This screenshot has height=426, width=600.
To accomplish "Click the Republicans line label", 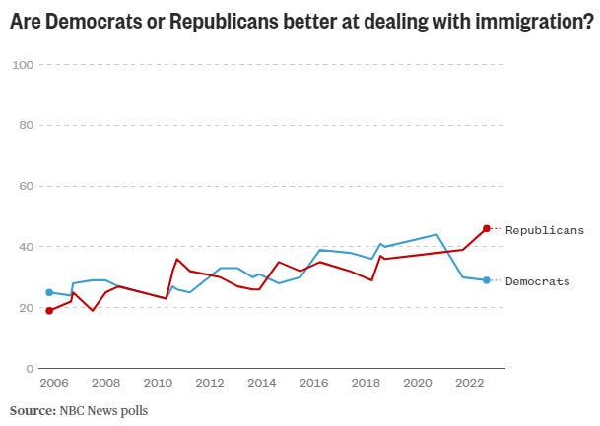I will [544, 230].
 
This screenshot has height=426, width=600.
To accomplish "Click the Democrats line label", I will [537, 281].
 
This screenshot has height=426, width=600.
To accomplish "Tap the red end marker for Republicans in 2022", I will [487, 228].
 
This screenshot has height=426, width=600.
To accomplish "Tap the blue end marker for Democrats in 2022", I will [487, 280].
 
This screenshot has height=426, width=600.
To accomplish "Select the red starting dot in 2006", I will [49, 311].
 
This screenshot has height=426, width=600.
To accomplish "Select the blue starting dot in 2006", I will [49, 292].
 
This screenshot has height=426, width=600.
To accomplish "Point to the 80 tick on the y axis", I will [27, 126].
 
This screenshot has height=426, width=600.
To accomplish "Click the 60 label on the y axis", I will [27, 186].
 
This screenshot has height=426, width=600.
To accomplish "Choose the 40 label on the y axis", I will [27, 247].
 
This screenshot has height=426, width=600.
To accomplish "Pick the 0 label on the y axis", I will [31, 368].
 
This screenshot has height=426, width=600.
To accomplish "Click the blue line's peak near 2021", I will [436, 234].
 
